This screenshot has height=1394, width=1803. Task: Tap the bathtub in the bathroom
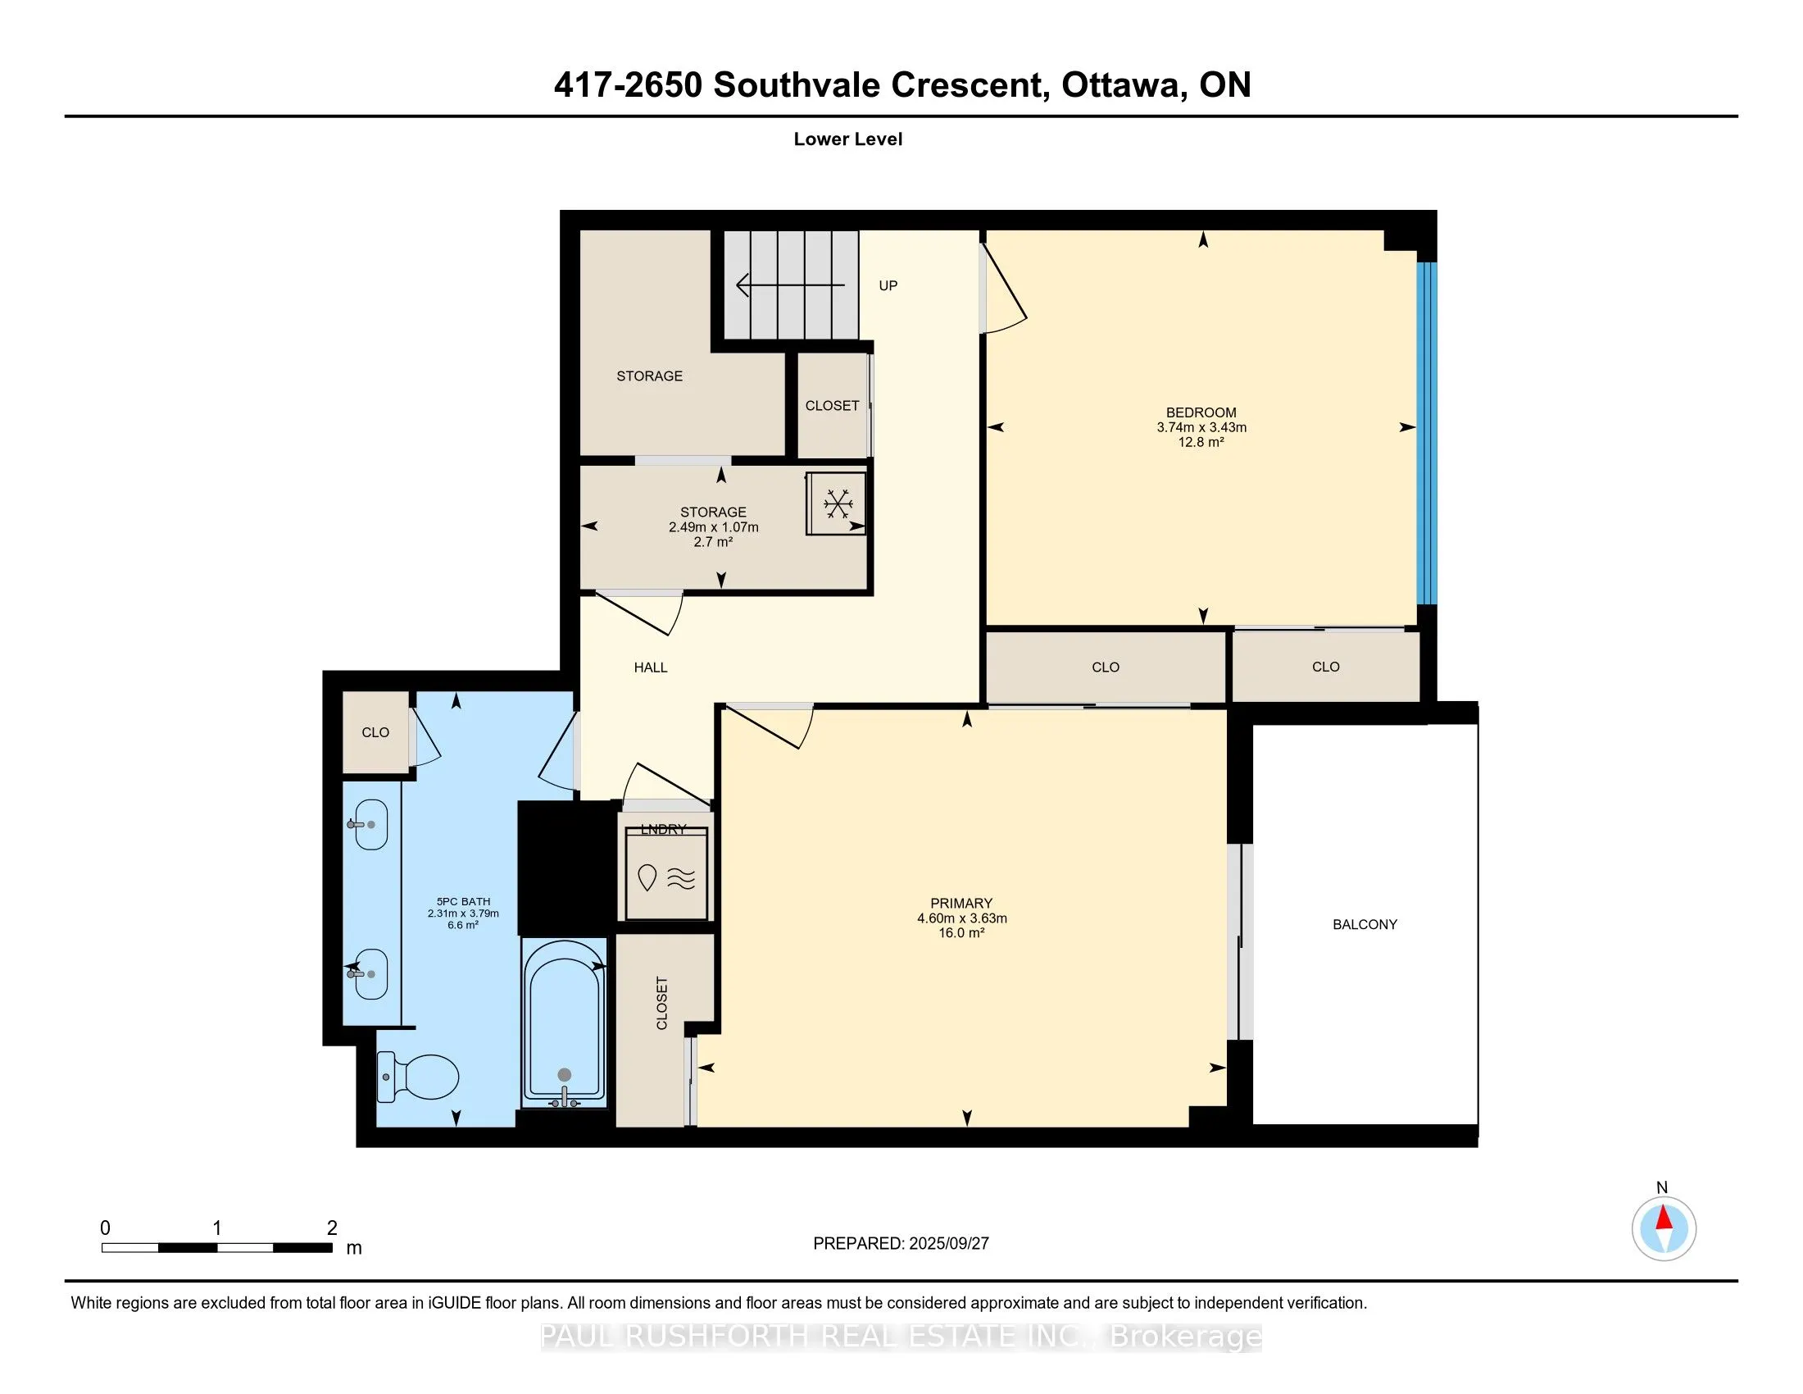tap(565, 1023)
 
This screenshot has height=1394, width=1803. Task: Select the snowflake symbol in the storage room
tap(838, 503)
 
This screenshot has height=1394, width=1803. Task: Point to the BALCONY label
tap(1365, 924)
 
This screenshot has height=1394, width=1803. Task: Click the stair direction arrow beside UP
tap(791, 285)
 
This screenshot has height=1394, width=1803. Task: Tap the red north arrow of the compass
tap(1664, 1219)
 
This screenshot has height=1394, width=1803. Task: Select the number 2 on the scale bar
tap(332, 1228)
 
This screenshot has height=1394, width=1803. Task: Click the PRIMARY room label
tap(961, 903)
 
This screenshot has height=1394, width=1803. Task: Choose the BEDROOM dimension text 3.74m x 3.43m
tap(1201, 427)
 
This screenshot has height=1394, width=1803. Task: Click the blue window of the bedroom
tap(1427, 434)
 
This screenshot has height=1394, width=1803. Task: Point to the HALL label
tap(651, 667)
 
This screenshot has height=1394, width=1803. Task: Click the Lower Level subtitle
tap(848, 139)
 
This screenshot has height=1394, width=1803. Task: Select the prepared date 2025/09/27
tap(947, 1243)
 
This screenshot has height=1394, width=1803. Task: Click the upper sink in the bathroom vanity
tap(370, 824)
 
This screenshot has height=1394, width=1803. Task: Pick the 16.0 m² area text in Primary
tap(962, 932)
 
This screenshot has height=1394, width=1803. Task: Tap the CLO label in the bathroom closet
tap(375, 732)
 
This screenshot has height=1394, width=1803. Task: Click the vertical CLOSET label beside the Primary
tap(661, 1004)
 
